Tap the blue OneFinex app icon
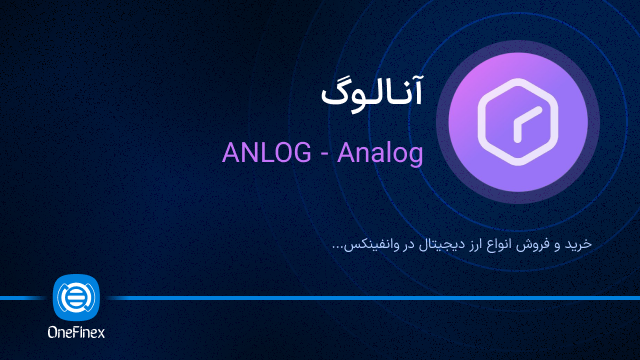[75, 298]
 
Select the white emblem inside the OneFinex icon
[75, 298]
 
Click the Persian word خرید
[579, 244]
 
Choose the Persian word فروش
[540, 244]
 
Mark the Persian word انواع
[503, 244]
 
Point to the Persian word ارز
[473, 244]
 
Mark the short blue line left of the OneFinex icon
[25, 298]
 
